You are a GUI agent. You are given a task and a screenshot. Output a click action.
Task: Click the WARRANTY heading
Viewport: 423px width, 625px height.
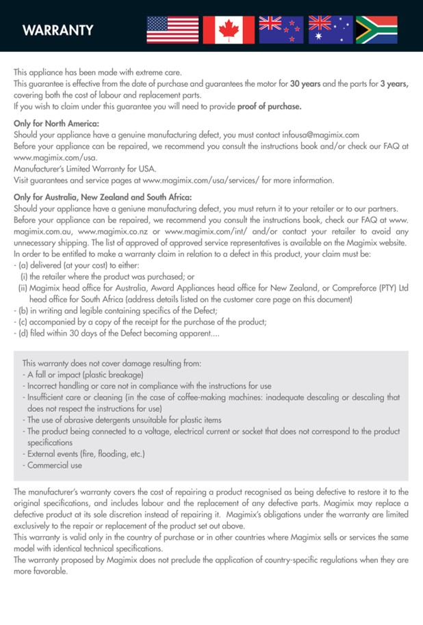tap(57, 31)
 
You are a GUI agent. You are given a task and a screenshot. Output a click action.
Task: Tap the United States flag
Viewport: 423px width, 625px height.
tap(172, 29)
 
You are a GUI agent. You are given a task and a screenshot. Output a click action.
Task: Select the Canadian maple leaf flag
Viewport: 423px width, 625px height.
tap(229, 29)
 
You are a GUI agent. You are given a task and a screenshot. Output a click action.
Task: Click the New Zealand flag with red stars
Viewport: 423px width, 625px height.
tap(280, 29)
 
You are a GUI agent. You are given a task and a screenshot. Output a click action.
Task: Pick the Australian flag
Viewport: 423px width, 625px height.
tap(330, 29)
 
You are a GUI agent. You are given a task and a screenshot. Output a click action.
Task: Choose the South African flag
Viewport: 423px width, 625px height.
tap(376, 29)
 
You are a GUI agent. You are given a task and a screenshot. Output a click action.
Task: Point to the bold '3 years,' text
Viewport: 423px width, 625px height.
tap(394, 83)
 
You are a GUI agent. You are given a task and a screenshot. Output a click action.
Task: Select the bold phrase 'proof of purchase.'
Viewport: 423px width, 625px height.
tap(270, 107)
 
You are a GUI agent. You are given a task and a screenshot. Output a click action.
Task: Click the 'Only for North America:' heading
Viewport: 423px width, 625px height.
tap(57, 123)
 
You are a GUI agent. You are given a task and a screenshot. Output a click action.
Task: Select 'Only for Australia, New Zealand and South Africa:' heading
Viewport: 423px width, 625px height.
tap(103, 197)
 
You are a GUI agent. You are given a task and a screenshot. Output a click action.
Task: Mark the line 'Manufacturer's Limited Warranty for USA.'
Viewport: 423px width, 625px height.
tap(85, 169)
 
